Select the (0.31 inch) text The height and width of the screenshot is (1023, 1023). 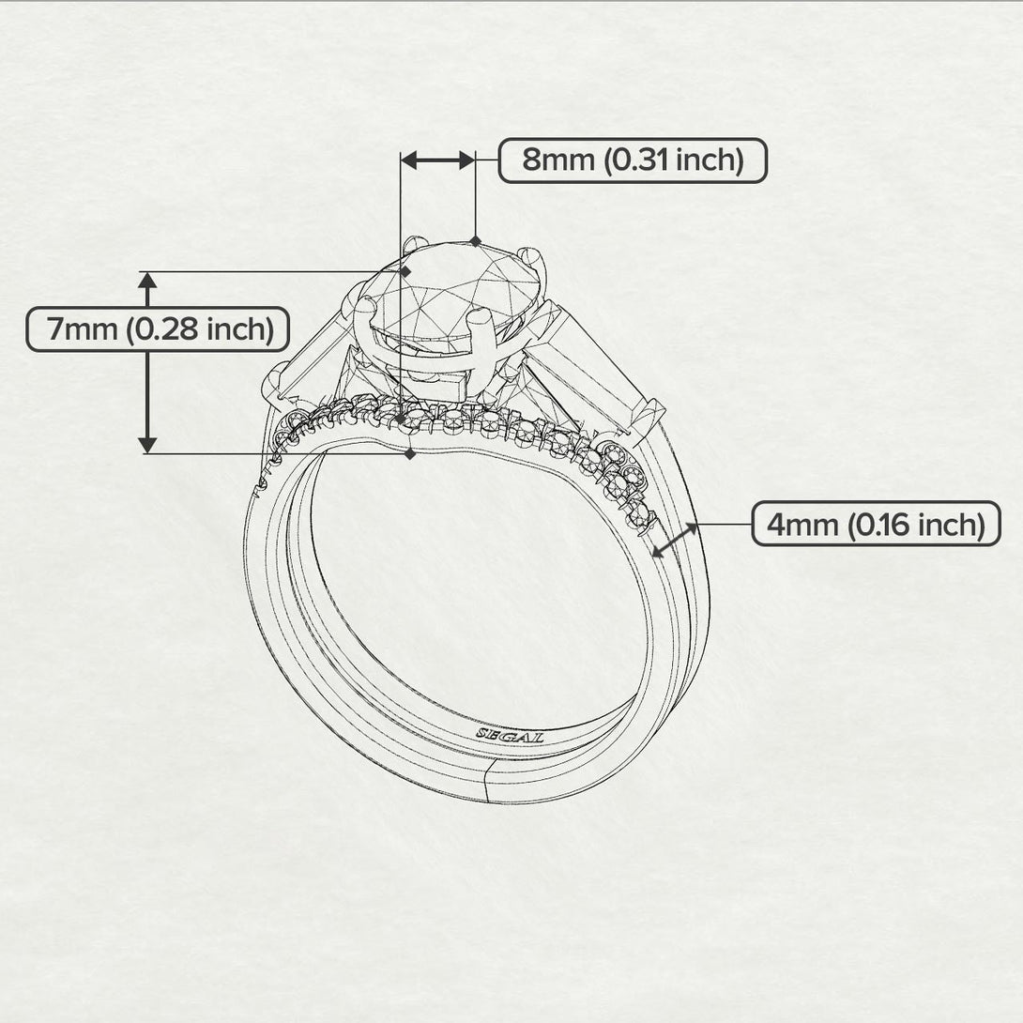(673, 160)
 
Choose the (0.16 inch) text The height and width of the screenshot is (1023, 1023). (916, 524)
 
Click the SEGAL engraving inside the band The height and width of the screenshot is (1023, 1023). (510, 735)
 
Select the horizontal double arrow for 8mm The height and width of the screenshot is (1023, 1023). (437, 160)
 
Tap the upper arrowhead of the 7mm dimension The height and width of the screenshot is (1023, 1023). (147, 280)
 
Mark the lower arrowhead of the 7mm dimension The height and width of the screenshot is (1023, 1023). (147, 444)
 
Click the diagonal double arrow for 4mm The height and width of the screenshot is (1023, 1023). (675, 541)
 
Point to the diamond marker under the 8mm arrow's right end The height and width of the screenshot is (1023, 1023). (476, 241)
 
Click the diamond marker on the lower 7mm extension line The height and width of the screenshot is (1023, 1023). (409, 454)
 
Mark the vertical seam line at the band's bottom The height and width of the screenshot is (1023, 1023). (489, 783)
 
